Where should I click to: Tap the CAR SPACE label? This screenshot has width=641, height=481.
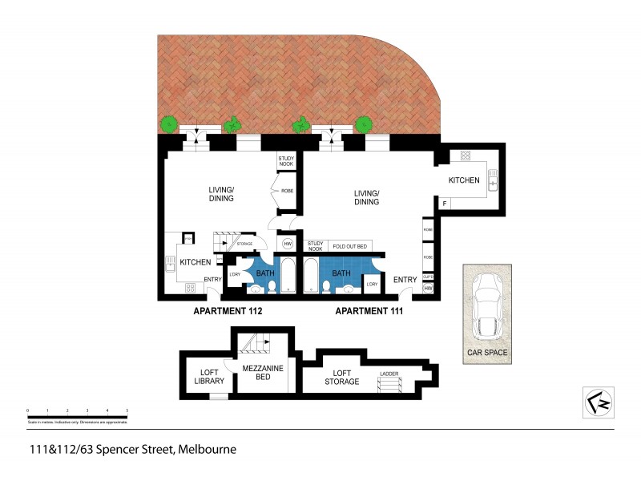point(488,352)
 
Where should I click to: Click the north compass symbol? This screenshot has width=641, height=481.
point(597,402)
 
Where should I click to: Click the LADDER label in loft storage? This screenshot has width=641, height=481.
point(390,374)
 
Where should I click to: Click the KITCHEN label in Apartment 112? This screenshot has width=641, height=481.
point(195,262)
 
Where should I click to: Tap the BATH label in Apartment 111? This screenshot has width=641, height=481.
point(341,273)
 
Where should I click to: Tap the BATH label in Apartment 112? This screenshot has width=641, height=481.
point(265,273)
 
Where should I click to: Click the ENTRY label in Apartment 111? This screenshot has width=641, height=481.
point(405,279)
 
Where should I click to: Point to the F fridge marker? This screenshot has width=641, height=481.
point(445,204)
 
